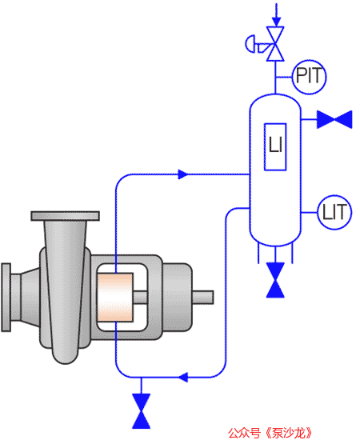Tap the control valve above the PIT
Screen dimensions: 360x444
(275, 44)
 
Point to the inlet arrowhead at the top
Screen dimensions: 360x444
(277, 22)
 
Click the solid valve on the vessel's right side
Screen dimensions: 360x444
(334, 119)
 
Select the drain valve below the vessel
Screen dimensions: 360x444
(275, 280)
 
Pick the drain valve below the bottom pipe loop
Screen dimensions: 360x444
(142, 411)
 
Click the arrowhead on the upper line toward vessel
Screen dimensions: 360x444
(183, 174)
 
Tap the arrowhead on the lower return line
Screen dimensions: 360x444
(183, 377)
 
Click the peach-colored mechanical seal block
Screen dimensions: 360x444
(115, 297)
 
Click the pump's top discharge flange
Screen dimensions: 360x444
(65, 216)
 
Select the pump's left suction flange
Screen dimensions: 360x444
(6, 297)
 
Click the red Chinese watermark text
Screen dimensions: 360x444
(270, 434)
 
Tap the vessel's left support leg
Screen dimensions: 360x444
(258, 253)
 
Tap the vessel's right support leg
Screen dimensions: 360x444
(292, 253)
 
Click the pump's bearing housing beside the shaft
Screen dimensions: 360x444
(178, 297)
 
